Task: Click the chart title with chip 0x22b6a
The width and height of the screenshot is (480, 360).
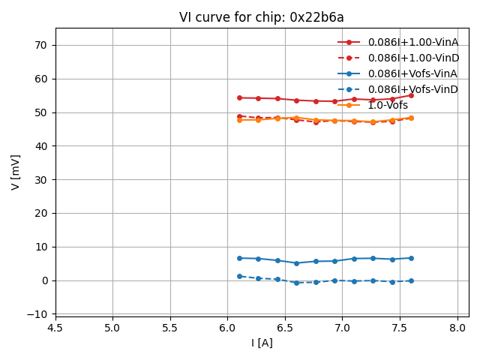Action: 262,17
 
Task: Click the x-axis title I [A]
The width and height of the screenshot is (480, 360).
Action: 262,343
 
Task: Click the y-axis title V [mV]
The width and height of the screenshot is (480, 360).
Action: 16,171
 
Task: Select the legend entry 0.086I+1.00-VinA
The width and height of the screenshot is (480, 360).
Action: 412,42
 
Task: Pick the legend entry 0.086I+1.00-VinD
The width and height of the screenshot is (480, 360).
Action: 412,58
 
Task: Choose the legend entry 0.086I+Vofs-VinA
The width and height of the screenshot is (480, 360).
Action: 412,73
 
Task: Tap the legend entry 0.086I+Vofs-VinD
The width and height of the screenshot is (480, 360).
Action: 412,89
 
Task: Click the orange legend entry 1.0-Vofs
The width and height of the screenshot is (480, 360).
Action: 388,105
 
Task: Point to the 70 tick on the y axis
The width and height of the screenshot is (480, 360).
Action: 40,45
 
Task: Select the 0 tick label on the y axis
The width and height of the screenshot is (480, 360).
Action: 44,280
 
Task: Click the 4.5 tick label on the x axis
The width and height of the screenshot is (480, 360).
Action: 55,328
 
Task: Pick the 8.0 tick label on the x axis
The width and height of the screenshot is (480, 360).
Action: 457,328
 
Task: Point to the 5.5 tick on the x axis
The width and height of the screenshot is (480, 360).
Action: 170,328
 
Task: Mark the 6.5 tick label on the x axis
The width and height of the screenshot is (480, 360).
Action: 285,328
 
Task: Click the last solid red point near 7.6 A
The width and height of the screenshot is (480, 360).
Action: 411,95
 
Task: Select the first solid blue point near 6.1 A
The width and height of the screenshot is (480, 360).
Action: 239,258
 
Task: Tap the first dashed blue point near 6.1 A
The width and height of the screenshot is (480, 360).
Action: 239,276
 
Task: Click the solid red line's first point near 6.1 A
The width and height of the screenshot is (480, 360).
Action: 239,97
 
